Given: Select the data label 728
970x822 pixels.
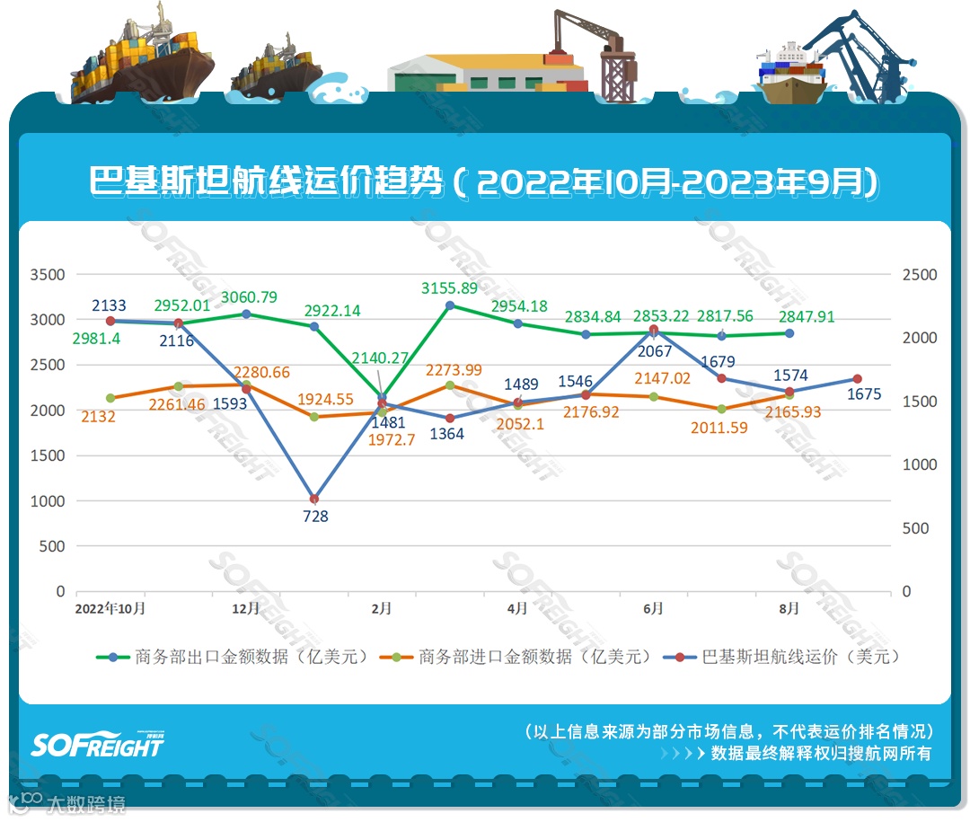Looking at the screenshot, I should (x=315, y=517).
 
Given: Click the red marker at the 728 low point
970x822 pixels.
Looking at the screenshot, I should (x=314, y=499).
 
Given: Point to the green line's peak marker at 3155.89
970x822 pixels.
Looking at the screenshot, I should (x=450, y=305).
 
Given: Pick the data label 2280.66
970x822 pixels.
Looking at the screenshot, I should (x=261, y=372).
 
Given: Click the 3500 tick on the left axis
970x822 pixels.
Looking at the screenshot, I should (x=48, y=275).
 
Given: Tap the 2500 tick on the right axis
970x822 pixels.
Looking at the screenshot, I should (x=919, y=275).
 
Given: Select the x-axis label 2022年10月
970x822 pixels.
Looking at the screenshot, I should (x=110, y=609).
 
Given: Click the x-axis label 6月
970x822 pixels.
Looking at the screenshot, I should (x=653, y=609).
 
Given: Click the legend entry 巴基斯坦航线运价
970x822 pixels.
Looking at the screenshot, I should (x=782, y=657).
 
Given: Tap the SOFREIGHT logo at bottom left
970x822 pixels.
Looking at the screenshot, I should (x=98, y=744).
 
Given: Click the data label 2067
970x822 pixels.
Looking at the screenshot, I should (x=654, y=351).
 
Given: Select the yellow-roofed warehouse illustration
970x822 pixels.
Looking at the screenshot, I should (x=485, y=72).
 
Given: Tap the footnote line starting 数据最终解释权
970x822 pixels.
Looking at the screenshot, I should (x=820, y=753).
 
